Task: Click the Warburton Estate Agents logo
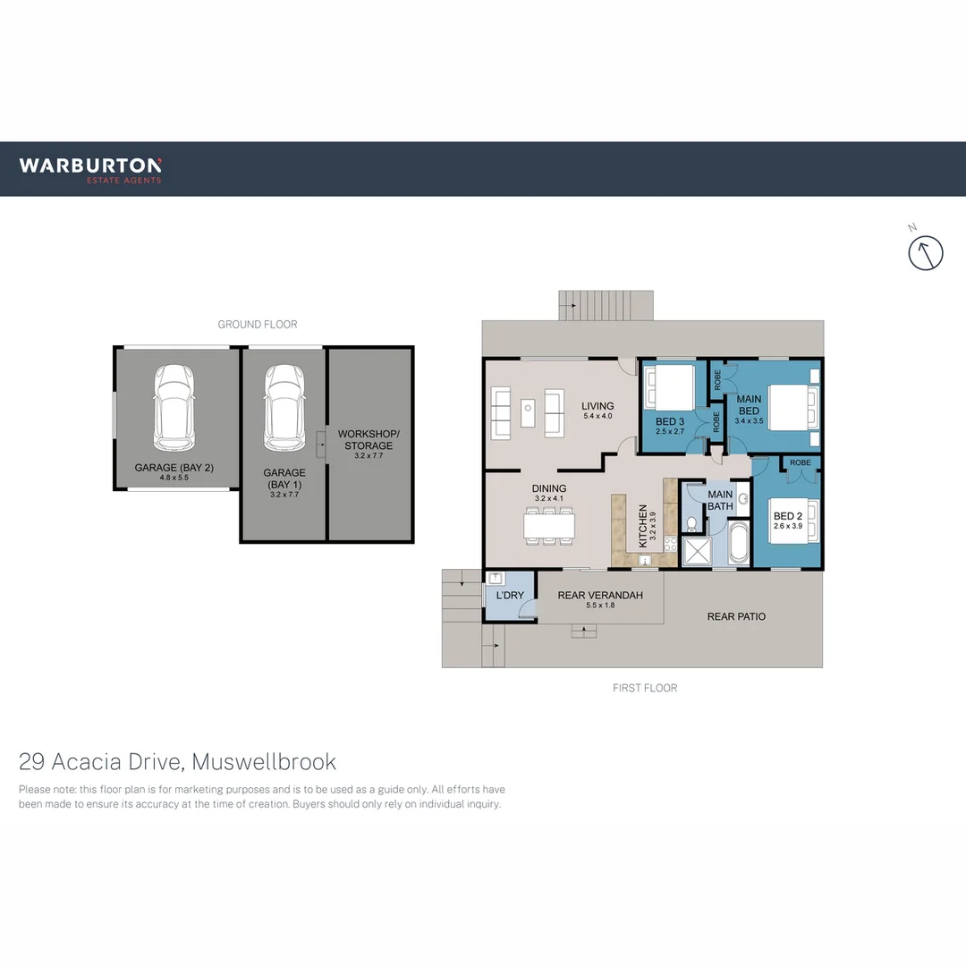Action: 90,168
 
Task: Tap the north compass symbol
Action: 926,252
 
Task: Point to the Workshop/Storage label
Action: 369,439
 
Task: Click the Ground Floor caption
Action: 258,325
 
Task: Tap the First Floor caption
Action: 645,688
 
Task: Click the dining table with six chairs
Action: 549,524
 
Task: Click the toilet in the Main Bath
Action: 691,523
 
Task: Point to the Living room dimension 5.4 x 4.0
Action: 597,417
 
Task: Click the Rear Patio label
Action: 736,616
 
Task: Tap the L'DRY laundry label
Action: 510,596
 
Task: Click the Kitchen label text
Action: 642,526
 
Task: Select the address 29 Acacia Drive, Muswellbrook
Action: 178,761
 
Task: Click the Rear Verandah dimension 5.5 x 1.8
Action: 599,606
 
